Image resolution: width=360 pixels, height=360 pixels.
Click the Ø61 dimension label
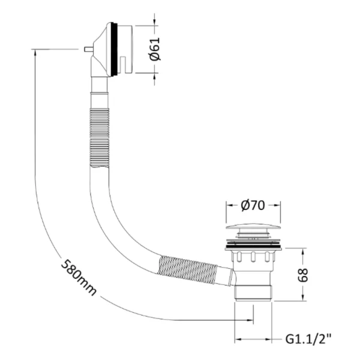[x=155, y=49]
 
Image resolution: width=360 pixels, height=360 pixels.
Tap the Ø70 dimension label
[x=253, y=205]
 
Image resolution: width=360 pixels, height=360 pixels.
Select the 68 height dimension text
[x=302, y=275]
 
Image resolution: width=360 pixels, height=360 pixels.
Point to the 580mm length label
[x=79, y=277]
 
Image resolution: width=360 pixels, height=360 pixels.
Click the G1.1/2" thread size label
[x=308, y=339]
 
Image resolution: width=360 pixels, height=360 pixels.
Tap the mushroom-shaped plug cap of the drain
[x=253, y=227]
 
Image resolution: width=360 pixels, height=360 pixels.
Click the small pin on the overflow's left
[x=88, y=49]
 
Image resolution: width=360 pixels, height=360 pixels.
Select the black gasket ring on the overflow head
[x=115, y=49]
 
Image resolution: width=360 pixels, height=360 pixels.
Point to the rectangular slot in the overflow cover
[x=123, y=64]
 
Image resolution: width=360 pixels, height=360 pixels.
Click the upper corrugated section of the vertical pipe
[x=99, y=137]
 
